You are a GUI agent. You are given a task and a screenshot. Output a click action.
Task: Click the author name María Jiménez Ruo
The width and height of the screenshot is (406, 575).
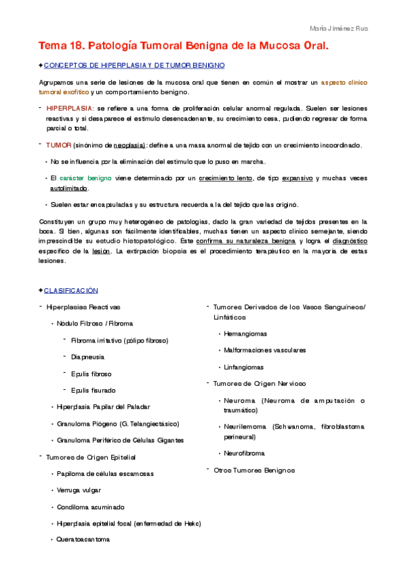[x=339, y=28]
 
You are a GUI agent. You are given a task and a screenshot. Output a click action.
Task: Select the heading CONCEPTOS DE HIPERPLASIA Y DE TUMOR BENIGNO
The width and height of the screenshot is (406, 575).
[x=134, y=65]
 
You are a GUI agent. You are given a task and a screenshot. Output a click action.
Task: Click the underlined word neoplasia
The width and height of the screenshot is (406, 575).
[x=129, y=145]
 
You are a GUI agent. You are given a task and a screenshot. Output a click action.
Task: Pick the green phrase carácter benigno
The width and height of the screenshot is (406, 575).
[x=85, y=178]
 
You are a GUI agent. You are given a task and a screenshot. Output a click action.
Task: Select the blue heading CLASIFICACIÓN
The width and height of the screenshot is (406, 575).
[x=71, y=290]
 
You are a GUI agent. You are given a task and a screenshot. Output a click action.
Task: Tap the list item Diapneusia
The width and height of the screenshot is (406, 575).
[x=88, y=357]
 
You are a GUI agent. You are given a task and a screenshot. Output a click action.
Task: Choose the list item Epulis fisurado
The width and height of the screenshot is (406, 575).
[x=94, y=390]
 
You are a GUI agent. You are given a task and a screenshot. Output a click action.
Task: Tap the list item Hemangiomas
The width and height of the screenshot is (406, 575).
[x=245, y=334]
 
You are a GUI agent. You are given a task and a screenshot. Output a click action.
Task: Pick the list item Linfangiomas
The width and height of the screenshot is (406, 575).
[x=244, y=367]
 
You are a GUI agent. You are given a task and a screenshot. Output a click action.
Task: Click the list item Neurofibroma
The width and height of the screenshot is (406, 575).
[x=244, y=453]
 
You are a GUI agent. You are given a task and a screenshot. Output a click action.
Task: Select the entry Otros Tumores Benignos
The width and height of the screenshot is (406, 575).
[x=254, y=469]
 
